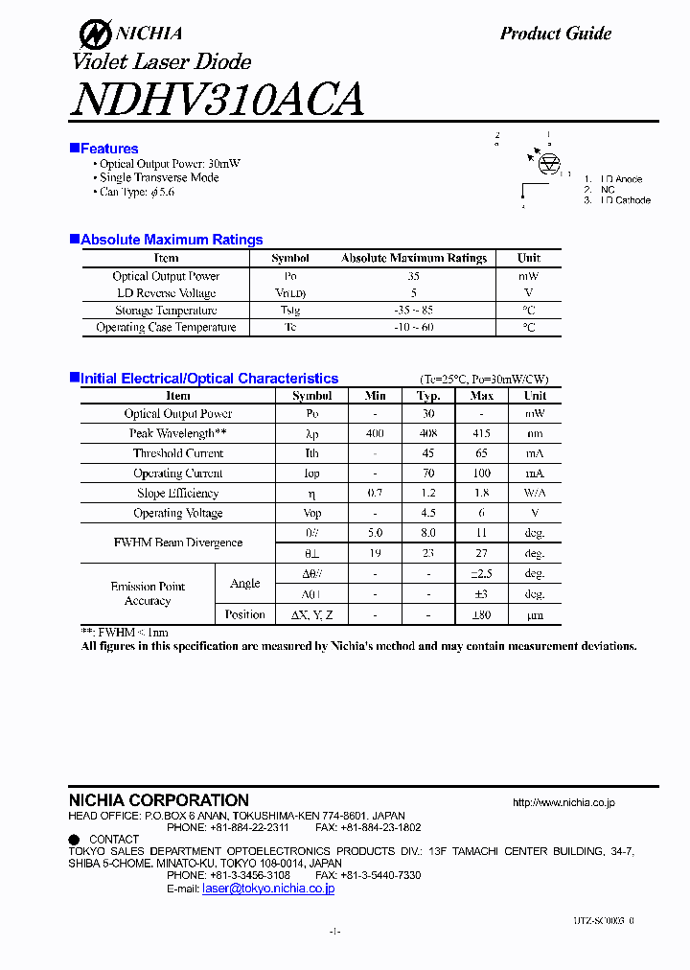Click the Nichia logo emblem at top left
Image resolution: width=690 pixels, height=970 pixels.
click(94, 35)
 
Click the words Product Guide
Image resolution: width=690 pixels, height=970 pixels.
click(555, 34)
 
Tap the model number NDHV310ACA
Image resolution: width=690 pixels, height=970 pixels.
click(217, 100)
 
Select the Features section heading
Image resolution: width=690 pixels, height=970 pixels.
click(109, 149)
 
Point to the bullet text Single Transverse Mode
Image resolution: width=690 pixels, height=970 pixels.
click(159, 177)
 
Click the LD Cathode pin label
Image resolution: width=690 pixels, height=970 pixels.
click(626, 200)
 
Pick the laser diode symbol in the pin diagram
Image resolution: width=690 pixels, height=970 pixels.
click(549, 165)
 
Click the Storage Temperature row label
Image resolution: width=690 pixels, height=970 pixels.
click(166, 311)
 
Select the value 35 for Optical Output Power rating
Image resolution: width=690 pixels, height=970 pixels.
click(413, 276)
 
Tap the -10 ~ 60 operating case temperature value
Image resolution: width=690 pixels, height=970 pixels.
click(413, 328)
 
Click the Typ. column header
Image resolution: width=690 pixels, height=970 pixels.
click(428, 396)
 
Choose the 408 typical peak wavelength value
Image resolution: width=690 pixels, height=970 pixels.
click(428, 434)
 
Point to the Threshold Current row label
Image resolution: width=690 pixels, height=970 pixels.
click(178, 453)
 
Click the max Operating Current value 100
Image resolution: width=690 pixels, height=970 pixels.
click(482, 473)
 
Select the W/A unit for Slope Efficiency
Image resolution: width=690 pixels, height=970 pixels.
click(535, 494)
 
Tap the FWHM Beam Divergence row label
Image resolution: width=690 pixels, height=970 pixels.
click(178, 543)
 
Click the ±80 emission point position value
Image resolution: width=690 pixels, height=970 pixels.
click(482, 614)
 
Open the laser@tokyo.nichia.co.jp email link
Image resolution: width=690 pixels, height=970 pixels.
click(268, 889)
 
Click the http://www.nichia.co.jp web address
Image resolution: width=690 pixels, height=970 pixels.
click(563, 802)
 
